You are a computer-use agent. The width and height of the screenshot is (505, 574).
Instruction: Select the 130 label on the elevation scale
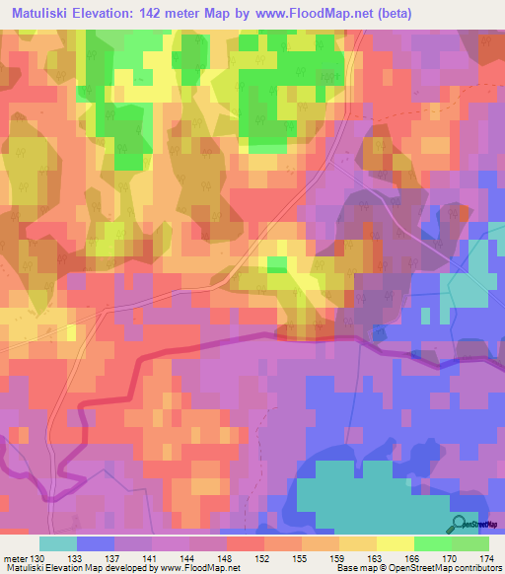click(x=39, y=556)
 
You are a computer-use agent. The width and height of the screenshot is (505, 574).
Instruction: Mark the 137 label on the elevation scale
click(x=115, y=556)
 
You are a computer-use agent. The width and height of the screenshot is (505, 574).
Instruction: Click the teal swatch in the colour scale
click(x=58, y=543)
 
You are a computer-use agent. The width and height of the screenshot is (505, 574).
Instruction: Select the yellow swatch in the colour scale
click(x=396, y=543)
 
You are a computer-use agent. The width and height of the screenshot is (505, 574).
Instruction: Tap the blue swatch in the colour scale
click(x=96, y=543)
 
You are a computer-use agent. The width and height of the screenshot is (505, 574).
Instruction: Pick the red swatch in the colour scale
click(x=246, y=543)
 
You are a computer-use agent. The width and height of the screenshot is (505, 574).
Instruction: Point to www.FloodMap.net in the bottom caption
click(x=200, y=568)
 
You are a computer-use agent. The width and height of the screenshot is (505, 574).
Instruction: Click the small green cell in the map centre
click(x=277, y=263)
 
